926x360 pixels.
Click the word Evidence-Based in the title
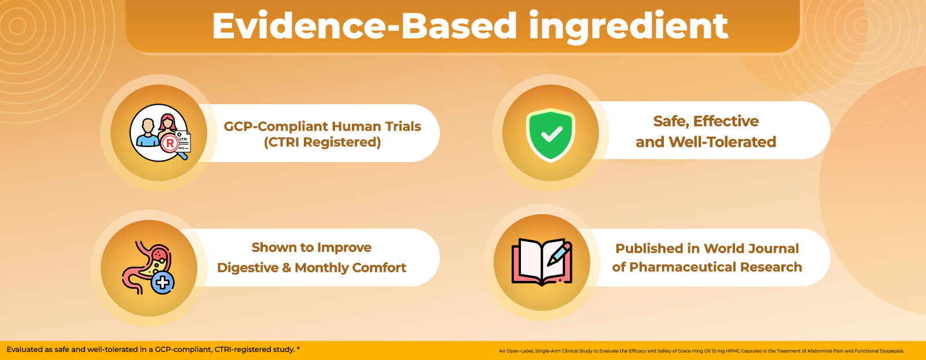[x=364, y=25]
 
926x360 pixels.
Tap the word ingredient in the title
[x=629, y=27]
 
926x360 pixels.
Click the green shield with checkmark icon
[x=550, y=135]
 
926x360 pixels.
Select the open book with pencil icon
[x=542, y=262]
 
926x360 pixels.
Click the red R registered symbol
[x=170, y=144]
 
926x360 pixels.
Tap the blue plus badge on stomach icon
[x=163, y=282]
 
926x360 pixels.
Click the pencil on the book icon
[x=559, y=254]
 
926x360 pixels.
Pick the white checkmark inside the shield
[x=551, y=134]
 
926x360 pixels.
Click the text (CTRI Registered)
[x=322, y=142]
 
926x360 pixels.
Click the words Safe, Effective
[x=705, y=121]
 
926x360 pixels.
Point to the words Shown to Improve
[x=312, y=247]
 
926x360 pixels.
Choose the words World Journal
[x=751, y=248]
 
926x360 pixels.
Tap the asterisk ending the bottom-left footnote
[x=298, y=348]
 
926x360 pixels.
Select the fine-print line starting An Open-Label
[x=701, y=351]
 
